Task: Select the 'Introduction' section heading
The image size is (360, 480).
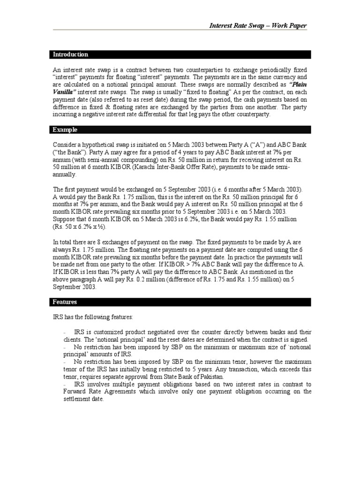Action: tap(70, 54)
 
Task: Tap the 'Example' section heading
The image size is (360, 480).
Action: tap(65, 129)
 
